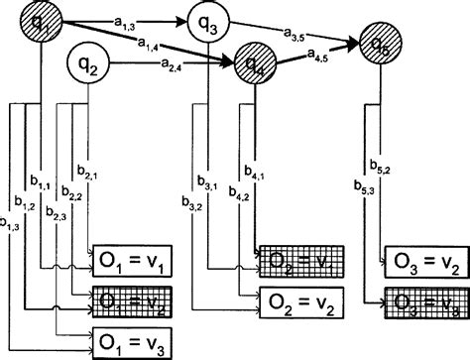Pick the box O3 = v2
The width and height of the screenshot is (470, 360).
pos(423,261)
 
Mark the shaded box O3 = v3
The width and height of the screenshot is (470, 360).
pos(423,299)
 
